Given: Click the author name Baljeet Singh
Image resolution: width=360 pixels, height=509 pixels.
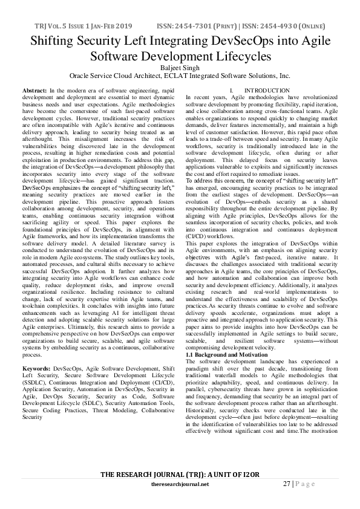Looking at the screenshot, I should pos(180,68).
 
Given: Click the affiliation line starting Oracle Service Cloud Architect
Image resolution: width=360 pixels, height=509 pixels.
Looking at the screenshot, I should pos(180,77).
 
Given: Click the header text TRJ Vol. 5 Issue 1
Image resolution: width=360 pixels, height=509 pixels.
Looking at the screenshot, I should pos(55,28).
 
